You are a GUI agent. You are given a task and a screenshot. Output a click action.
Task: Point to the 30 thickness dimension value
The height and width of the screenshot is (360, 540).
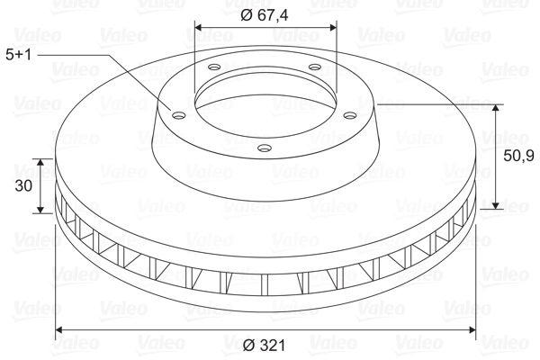point(24,186)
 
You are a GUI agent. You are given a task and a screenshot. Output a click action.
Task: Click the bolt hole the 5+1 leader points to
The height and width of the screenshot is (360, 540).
point(175,114)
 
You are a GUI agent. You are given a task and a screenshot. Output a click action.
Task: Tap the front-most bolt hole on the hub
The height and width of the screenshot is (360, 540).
point(264,148)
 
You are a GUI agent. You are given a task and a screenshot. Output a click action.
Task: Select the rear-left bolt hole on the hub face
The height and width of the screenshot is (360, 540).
point(215,67)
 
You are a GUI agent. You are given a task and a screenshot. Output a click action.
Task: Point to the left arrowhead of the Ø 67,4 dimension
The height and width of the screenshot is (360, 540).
point(199,26)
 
